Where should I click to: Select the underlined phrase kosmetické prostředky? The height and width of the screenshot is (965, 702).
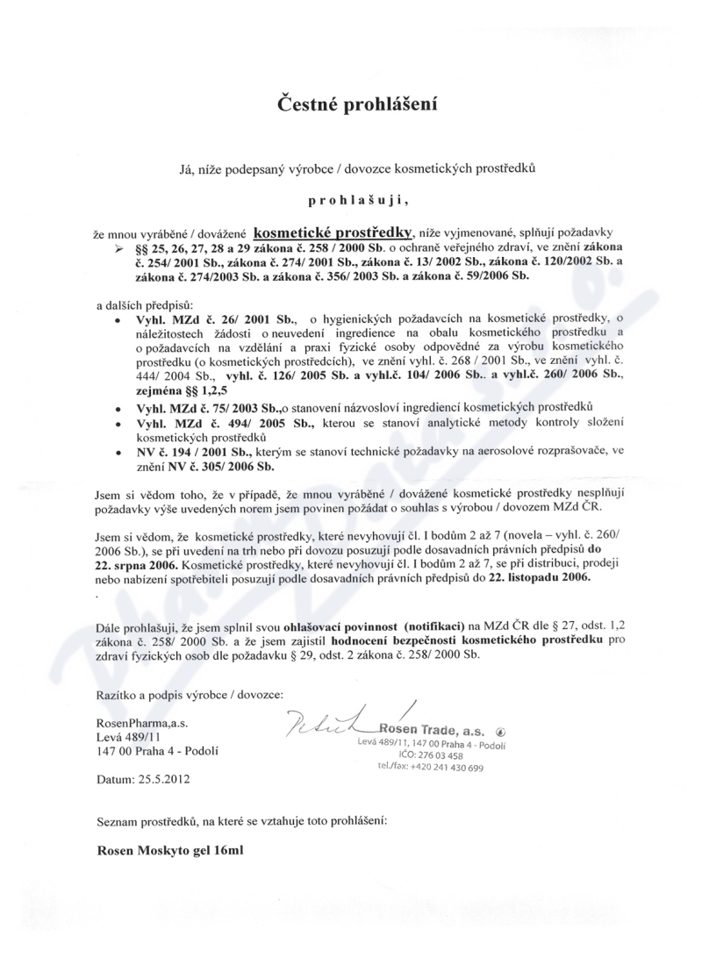tap(333, 233)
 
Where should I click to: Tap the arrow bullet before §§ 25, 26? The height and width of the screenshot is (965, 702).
tap(120, 250)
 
